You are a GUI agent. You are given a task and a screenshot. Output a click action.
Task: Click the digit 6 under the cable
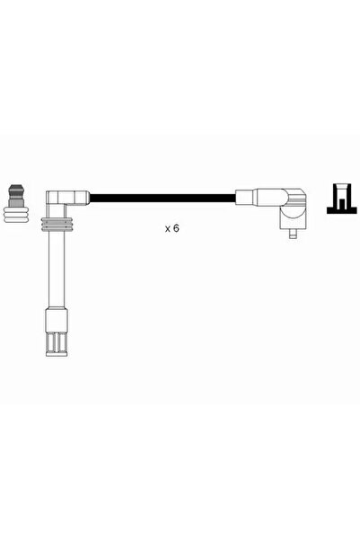coord(176,228)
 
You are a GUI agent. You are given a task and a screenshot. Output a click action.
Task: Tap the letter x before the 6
coord(168,229)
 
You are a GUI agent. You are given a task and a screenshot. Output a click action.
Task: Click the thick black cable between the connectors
coord(162,199)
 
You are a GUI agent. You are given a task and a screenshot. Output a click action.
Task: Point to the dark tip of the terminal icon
coord(16,189)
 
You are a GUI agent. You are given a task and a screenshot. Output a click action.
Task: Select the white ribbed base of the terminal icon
coord(16,215)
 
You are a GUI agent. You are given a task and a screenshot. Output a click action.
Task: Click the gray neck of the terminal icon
coord(16,199)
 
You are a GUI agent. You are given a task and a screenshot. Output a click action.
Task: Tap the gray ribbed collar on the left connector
coord(57,225)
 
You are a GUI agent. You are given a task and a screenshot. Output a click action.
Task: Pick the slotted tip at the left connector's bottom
coord(57,343)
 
